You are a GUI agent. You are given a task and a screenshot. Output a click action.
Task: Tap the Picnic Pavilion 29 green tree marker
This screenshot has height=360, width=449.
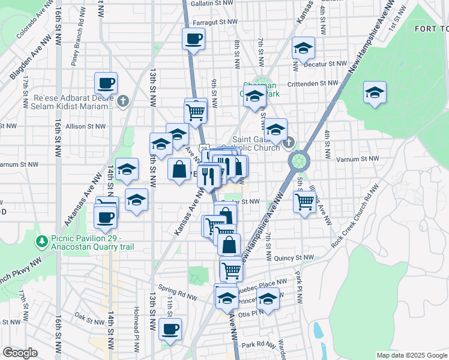[x=41, y=241]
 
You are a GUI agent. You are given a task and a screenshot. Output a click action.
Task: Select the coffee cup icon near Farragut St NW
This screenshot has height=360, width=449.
[x=193, y=40]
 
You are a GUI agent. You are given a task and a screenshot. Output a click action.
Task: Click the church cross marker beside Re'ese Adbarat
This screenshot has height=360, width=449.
[x=123, y=100]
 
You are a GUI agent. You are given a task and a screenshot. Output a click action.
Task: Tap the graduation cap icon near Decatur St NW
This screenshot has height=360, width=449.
[x=303, y=47]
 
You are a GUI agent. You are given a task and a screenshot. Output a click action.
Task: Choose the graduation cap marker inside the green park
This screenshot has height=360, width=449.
[x=375, y=93]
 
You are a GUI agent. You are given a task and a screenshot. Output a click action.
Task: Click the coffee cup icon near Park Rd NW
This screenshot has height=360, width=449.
[x=170, y=328]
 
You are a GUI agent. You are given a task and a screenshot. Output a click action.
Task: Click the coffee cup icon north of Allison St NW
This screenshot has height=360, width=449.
[x=106, y=83]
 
